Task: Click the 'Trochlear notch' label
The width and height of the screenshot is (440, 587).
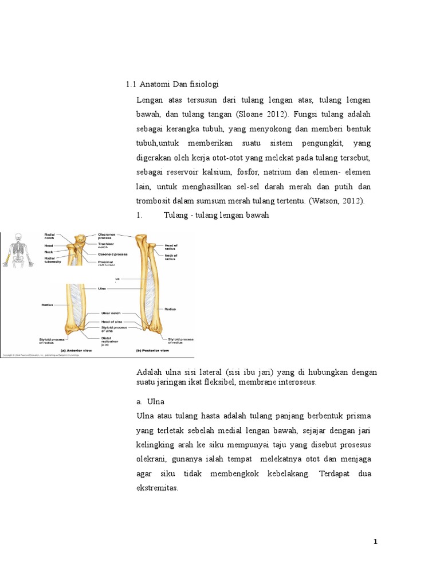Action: (107, 246)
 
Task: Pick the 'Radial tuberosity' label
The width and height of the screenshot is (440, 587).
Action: (52, 260)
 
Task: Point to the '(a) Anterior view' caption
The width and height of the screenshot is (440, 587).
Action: (73, 350)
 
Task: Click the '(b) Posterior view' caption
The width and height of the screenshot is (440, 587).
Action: (152, 350)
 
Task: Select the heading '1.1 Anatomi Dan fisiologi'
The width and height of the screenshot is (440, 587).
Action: (172, 85)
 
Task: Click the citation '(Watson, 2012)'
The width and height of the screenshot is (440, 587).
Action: (344, 201)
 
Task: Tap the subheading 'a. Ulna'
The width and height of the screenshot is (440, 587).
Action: (151, 401)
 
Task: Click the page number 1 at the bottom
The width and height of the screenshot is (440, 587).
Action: (375, 542)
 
